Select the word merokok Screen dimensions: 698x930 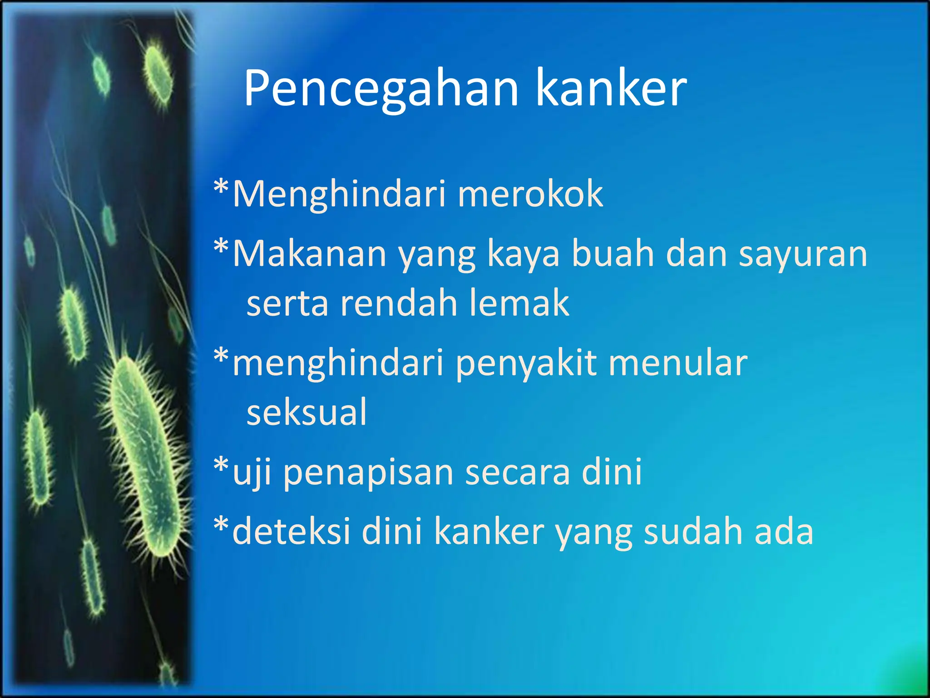(530, 194)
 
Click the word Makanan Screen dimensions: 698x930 (309, 254)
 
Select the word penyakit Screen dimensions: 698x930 (526, 364)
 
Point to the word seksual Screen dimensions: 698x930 (307, 412)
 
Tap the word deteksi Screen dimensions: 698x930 (291, 531)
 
